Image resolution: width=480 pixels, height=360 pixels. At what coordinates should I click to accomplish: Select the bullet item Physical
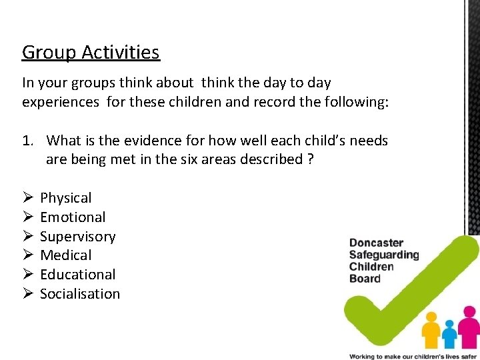(x=66, y=198)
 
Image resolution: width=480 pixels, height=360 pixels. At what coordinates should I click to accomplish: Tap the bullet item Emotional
(x=73, y=217)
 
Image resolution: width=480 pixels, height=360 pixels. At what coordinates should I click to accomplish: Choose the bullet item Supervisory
(x=77, y=237)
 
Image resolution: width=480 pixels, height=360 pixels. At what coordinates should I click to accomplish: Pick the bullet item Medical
(x=66, y=255)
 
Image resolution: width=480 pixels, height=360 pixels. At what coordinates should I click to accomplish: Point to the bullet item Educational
(x=77, y=275)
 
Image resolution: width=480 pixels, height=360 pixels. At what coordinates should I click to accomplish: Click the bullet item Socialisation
(x=80, y=294)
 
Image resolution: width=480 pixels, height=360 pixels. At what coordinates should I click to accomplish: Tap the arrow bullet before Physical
(x=27, y=198)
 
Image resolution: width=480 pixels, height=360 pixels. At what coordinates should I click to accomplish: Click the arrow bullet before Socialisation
(x=27, y=294)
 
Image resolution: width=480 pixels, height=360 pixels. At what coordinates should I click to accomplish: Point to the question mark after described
(x=311, y=160)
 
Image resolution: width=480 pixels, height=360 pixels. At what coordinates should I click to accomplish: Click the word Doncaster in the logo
(x=376, y=243)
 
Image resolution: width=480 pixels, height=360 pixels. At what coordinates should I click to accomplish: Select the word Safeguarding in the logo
(x=384, y=255)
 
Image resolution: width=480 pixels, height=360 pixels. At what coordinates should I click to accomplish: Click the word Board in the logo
(x=365, y=279)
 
